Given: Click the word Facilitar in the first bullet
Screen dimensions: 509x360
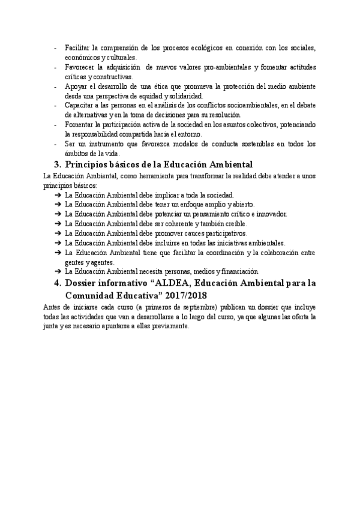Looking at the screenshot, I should pyautogui.click(x=78, y=48).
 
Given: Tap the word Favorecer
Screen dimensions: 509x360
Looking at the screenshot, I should pyautogui.click(x=82, y=67).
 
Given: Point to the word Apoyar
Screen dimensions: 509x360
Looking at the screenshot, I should pyautogui.click(x=76, y=86).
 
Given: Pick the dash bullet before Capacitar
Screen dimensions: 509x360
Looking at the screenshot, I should pyautogui.click(x=56, y=106).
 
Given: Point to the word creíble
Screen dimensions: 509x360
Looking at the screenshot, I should pyautogui.click(x=211, y=223).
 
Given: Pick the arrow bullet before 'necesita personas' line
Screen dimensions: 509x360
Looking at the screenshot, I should pyautogui.click(x=57, y=271).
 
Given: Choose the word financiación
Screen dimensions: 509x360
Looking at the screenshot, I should pyautogui.click(x=236, y=271).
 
